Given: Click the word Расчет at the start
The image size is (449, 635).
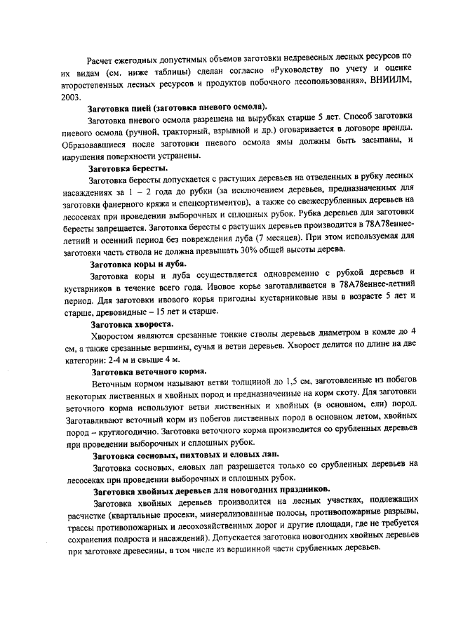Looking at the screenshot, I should tap(100, 58).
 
